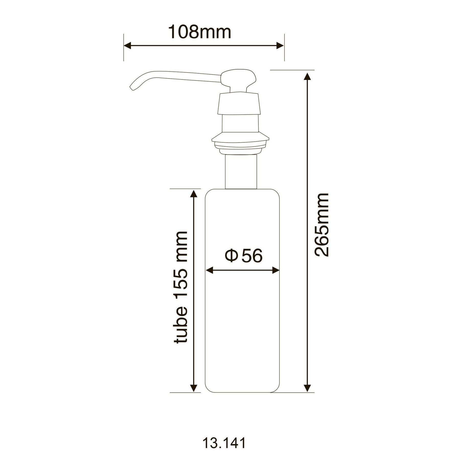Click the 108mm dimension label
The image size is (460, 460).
(x=199, y=32)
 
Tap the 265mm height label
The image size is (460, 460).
(x=321, y=225)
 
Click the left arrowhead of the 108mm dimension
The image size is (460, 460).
(x=128, y=46)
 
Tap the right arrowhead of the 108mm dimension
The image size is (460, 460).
(x=280, y=46)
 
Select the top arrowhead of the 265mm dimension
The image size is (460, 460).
(x=307, y=77)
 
